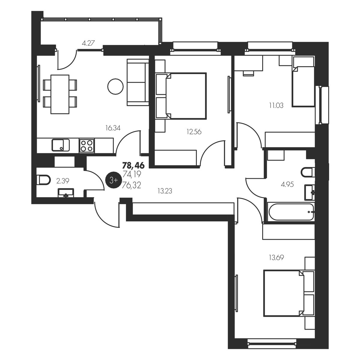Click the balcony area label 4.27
pyautogui.click(x=88, y=43)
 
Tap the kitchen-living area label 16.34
pyautogui.click(x=113, y=128)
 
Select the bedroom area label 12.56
pyautogui.click(x=194, y=132)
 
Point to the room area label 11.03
pyautogui.click(x=276, y=106)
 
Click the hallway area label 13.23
pyautogui.click(x=165, y=191)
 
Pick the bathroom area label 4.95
pyautogui.click(x=287, y=184)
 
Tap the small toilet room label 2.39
pyautogui.click(x=63, y=181)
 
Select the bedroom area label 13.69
pyautogui.click(x=276, y=258)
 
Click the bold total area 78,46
pyautogui.click(x=133, y=165)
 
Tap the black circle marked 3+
pyautogui.click(x=113, y=180)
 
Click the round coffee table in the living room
pyautogui.click(x=115, y=86)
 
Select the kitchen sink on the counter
pyautogui.click(x=61, y=145)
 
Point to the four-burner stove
pyautogui.click(x=87, y=146)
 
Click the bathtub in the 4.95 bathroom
pyautogui.click(x=291, y=212)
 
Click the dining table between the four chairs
pyautogui.click(x=60, y=94)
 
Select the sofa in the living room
pyautogui.click(x=138, y=82)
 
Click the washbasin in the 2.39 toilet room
pyautogui.click(x=66, y=193)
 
